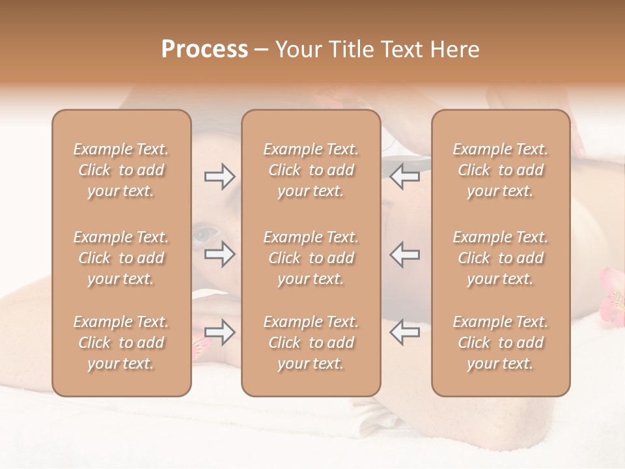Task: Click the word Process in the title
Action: pyautogui.click(x=204, y=50)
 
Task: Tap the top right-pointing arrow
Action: pyautogui.click(x=219, y=177)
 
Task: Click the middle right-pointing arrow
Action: pyautogui.click(x=219, y=254)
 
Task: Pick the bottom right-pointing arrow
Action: pyautogui.click(x=219, y=332)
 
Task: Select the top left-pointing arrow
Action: pyautogui.click(x=404, y=177)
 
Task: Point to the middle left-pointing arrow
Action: pyautogui.click(x=404, y=254)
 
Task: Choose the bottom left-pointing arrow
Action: pyautogui.click(x=404, y=332)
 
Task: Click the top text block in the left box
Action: pyautogui.click(x=121, y=170)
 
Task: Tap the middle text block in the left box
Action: pyautogui.click(x=121, y=258)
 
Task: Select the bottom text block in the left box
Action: pyautogui.click(x=121, y=343)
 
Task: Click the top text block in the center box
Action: pyautogui.click(x=311, y=170)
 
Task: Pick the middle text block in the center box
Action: pyautogui.click(x=311, y=258)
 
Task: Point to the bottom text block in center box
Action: pyautogui.click(x=311, y=343)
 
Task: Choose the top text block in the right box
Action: pyautogui.click(x=500, y=170)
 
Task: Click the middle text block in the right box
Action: pyautogui.click(x=500, y=258)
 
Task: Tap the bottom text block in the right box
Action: pyautogui.click(x=500, y=343)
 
